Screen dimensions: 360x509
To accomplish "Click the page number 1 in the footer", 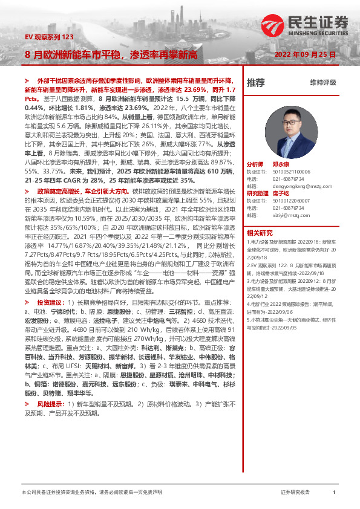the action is click(x=334, y=493).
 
